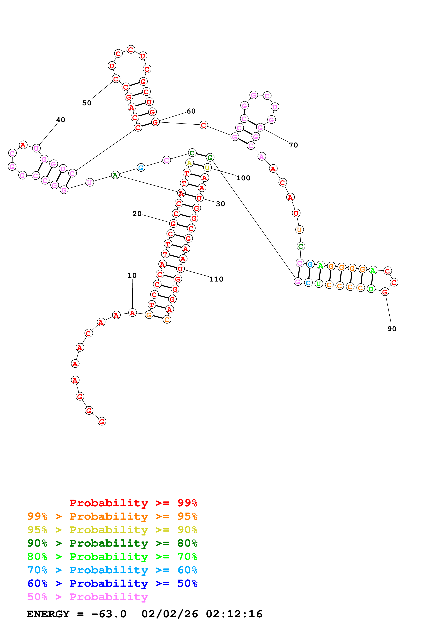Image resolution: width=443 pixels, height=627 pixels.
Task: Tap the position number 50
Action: pyautogui.click(x=87, y=103)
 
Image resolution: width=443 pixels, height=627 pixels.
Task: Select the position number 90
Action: pyautogui.click(x=392, y=329)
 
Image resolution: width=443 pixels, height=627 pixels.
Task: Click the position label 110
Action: pyautogui.click(x=216, y=279)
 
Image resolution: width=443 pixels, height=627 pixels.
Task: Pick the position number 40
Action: pyautogui.click(x=61, y=120)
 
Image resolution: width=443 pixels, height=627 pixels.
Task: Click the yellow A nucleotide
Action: pyautogui.click(x=189, y=163)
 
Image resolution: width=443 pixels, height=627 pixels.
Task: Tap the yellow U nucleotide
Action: pyautogui.click(x=207, y=168)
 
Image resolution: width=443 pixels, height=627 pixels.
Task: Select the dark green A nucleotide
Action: pyautogui.click(x=115, y=175)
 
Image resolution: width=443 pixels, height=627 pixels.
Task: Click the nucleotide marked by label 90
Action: pyautogui.click(x=385, y=292)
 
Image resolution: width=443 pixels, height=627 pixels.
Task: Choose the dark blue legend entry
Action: pyautogui.click(x=112, y=583)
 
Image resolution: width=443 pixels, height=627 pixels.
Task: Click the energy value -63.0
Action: pyautogui.click(x=109, y=614)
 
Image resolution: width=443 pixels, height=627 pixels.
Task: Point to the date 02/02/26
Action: pyautogui.click(x=170, y=614)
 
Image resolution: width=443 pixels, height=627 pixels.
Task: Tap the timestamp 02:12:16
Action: pyautogui.click(x=234, y=614)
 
